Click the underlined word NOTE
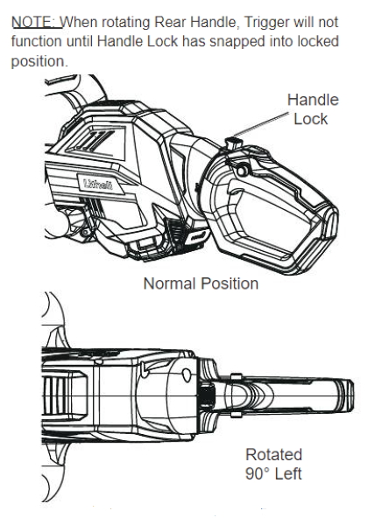(36, 22)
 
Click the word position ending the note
(39, 61)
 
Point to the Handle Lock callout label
(313, 109)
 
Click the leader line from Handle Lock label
(261, 124)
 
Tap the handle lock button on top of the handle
(234, 144)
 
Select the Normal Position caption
(201, 283)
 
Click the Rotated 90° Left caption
(273, 464)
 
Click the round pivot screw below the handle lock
(242, 171)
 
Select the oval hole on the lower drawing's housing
(186, 375)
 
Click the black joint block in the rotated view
(207, 396)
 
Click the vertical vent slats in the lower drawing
(55, 395)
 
